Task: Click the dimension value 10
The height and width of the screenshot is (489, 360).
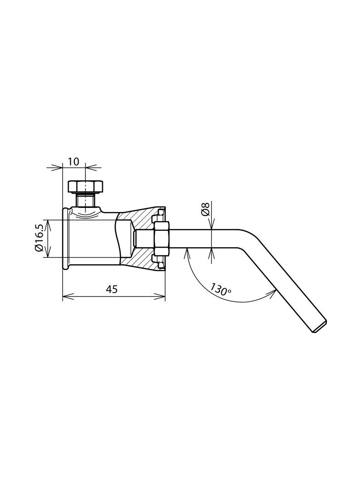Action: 73,161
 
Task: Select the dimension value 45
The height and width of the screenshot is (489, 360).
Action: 112,289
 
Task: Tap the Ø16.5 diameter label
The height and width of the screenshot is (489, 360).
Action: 39,238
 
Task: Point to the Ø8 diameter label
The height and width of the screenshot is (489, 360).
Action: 205,209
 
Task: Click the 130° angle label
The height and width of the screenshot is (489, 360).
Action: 220,289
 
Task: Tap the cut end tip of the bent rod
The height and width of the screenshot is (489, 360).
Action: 320,326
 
